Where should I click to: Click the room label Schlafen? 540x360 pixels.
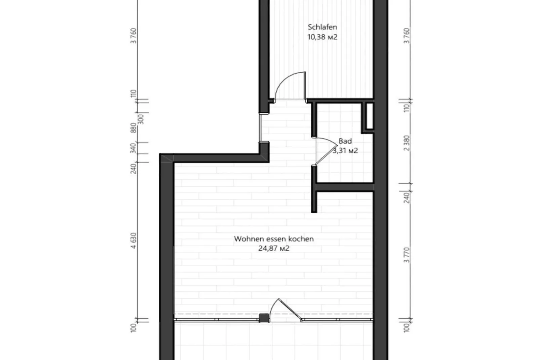pos(322,27)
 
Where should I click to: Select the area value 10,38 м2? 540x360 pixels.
pos(322,37)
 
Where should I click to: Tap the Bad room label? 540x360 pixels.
pos(345,141)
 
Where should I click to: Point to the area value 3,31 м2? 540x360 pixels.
pos(345,150)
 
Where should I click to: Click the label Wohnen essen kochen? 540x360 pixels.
pos(274,239)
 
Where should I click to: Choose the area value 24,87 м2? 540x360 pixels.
pos(274,249)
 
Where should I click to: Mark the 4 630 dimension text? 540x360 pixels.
pos(134,241)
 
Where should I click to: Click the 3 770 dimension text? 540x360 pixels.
pos(407,255)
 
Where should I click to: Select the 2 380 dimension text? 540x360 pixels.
pos(407,143)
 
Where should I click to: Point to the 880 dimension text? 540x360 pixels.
pos(134,128)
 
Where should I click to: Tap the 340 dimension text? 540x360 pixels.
pos(134,148)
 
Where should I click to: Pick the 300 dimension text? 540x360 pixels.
pos(141,119)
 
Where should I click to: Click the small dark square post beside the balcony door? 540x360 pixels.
pos(264,318)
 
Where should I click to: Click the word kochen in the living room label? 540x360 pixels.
pos(302,239)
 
